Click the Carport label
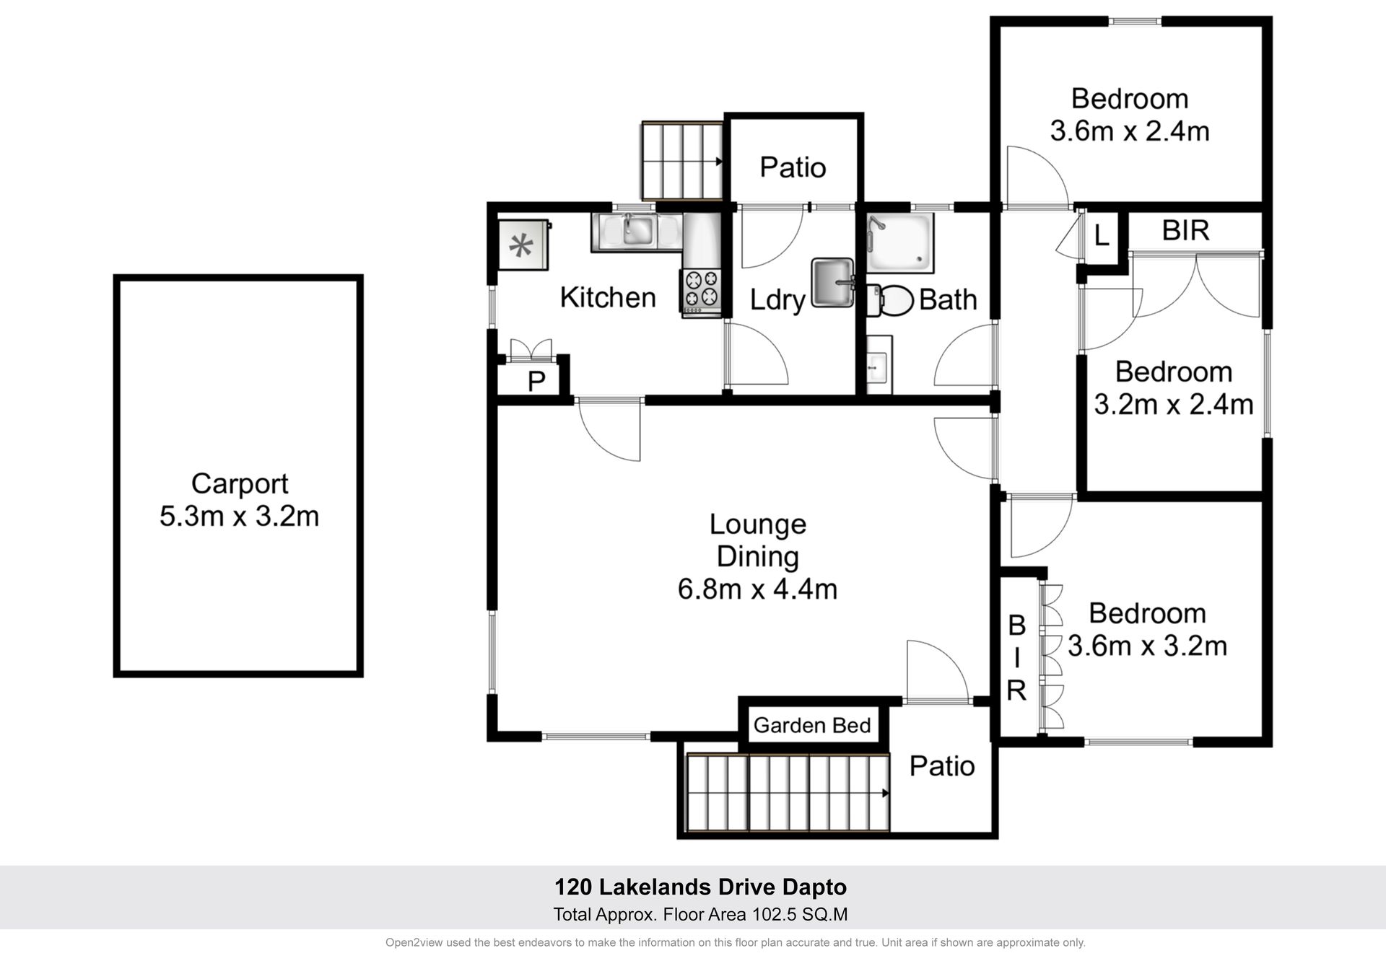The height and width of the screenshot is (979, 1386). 240,483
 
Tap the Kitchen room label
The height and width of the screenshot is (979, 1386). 608,297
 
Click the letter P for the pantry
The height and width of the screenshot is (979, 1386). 536,381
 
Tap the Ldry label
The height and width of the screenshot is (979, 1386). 777,300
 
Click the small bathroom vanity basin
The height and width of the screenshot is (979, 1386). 879,365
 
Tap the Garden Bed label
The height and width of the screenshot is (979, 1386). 812,725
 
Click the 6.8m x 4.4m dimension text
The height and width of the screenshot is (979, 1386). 757,589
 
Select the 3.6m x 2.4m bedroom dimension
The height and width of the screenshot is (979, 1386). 1130,131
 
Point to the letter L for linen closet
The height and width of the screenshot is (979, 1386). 1102,235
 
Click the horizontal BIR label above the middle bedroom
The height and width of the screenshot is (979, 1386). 1185,230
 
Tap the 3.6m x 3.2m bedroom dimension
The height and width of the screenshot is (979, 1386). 1147,646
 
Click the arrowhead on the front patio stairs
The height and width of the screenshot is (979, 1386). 885,794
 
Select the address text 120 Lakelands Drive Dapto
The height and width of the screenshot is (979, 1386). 700,887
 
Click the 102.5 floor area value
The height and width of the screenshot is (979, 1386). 774,915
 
